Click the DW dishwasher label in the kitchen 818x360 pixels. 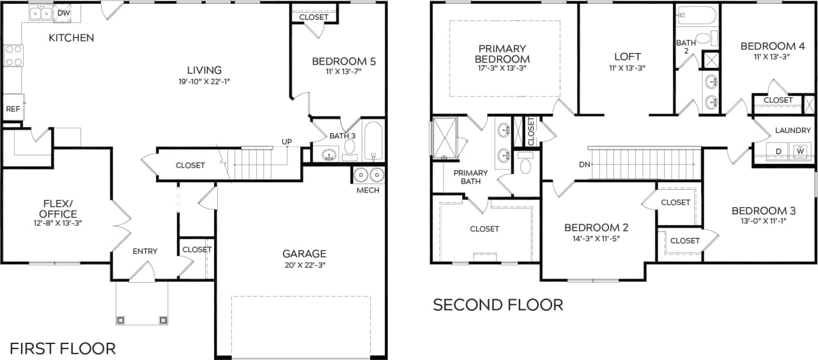pos(64,13)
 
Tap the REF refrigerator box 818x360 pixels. pos(13,109)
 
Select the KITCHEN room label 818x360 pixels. pos(71,38)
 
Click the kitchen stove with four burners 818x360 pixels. pos(13,55)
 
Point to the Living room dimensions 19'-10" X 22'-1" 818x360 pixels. pos(204,81)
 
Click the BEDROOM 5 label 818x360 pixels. pos(344,62)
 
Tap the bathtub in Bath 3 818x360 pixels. pos(373,141)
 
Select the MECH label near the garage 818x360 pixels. pos(367,190)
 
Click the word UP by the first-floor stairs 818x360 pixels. pos(287,141)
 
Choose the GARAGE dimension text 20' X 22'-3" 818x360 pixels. pos(304,265)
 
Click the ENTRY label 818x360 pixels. pos(145,251)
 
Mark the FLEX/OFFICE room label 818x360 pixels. pos(58,209)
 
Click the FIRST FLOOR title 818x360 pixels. pos(63,348)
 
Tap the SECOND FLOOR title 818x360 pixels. pos(498,305)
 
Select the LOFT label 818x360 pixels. pos(627,57)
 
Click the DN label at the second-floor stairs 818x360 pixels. pos(584,164)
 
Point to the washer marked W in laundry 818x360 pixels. pos(800,152)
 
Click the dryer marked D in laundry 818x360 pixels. pos(778,152)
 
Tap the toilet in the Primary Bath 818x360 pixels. pos(526,165)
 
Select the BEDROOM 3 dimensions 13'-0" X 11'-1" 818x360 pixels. pos(759,222)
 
